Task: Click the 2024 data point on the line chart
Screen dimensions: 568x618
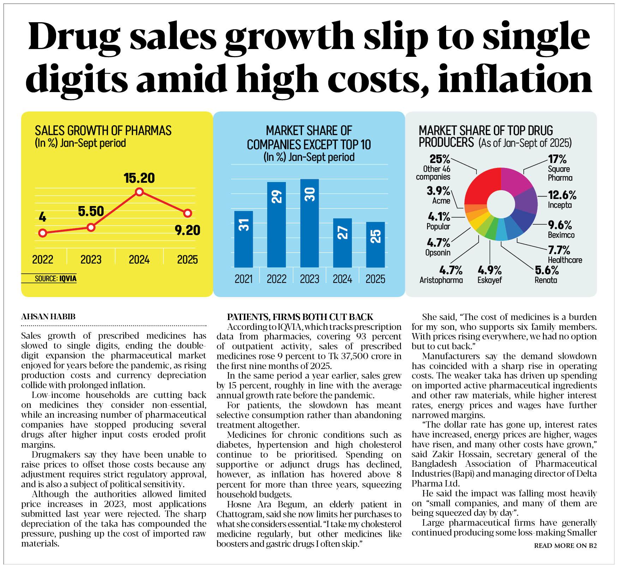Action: point(139,192)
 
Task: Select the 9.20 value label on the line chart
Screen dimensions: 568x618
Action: point(187,230)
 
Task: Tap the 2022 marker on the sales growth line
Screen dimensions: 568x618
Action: point(43,233)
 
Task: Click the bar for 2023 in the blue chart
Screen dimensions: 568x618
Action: point(310,223)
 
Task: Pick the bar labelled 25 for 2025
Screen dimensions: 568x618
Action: point(376,244)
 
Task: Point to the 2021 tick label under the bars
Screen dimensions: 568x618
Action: point(244,279)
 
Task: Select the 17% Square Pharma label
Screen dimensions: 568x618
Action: point(557,159)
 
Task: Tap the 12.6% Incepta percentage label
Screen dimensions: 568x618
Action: point(562,195)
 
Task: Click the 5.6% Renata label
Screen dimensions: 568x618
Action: point(547,271)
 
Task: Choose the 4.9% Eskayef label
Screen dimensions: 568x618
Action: point(490,271)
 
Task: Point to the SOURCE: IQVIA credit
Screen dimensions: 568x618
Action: point(55,279)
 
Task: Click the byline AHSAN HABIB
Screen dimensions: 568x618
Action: point(48,316)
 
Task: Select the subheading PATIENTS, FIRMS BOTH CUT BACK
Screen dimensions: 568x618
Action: point(300,317)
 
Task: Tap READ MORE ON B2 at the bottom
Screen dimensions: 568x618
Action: point(565,545)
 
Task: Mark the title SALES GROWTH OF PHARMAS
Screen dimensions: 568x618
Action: point(103,131)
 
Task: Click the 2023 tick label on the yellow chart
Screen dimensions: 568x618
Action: point(91,260)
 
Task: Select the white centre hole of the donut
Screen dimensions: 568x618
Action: point(501,204)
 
